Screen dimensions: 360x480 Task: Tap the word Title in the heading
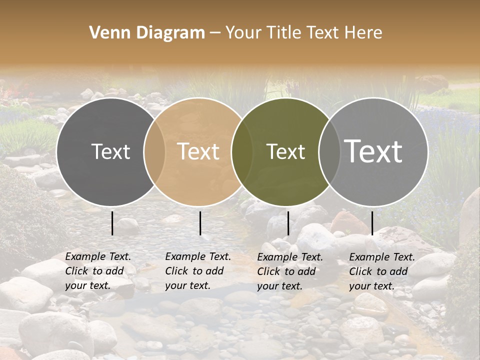(x=285, y=33)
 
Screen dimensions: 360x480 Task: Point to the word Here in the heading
(x=363, y=33)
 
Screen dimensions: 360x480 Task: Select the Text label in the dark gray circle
(x=110, y=151)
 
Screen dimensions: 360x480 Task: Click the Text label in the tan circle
(x=198, y=151)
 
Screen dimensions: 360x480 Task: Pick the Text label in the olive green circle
(x=286, y=151)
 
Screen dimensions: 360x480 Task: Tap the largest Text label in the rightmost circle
(x=373, y=151)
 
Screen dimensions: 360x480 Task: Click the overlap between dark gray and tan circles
(x=154, y=151)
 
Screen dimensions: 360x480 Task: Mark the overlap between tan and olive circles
(x=242, y=151)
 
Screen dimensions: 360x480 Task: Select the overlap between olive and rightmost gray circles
(x=329, y=151)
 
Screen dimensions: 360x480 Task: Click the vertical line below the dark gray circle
(x=112, y=223)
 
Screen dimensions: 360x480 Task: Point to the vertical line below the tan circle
(x=200, y=223)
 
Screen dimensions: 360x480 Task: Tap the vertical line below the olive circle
(x=288, y=223)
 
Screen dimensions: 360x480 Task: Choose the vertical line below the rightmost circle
(x=372, y=223)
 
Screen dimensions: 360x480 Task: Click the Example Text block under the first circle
(x=98, y=271)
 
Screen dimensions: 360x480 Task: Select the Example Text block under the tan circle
(x=198, y=271)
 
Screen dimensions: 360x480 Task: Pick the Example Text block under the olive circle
(x=290, y=271)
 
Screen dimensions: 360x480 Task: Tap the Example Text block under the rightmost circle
(x=382, y=271)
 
